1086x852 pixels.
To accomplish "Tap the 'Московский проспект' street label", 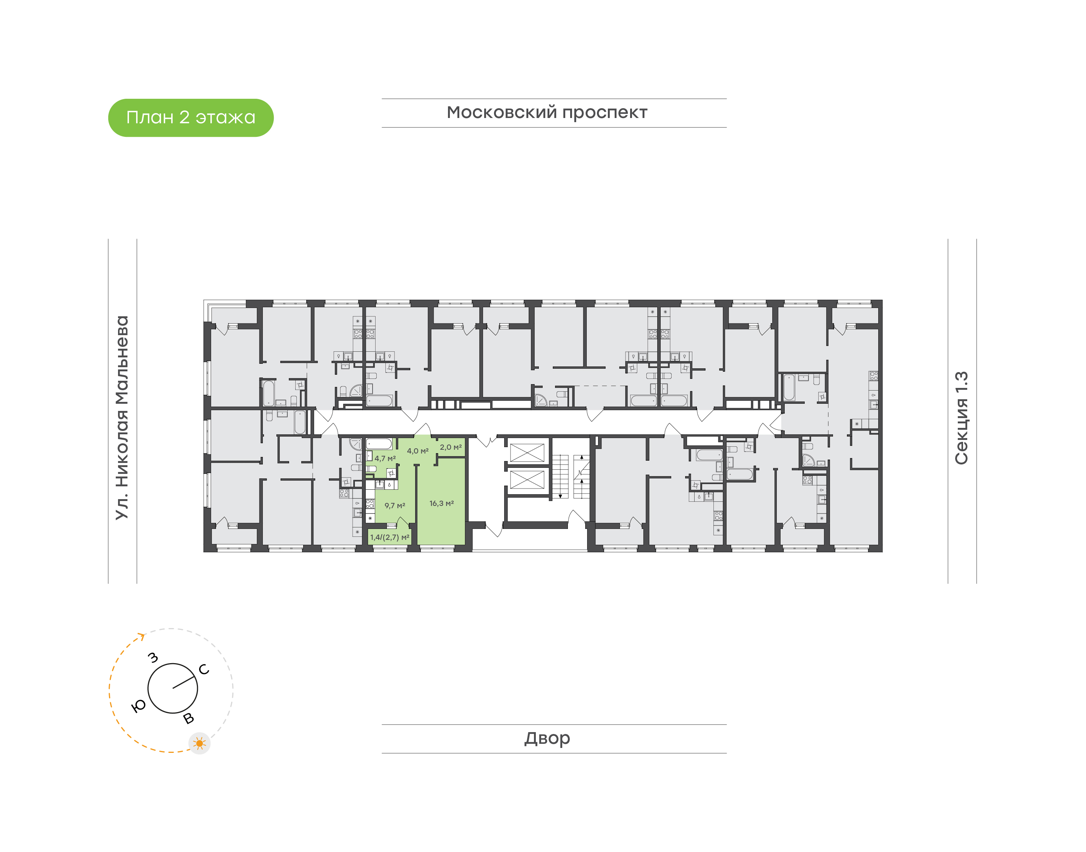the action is [x=547, y=113].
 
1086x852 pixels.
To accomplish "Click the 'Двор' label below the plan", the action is [x=547, y=738].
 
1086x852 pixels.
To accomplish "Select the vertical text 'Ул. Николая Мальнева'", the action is [x=122, y=418].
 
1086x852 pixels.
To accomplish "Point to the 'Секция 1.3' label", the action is [x=961, y=418].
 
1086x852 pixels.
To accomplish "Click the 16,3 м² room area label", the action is [x=442, y=503].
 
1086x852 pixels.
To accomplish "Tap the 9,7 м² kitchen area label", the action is [x=394, y=505].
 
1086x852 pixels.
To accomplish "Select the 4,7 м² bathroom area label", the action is [x=385, y=458].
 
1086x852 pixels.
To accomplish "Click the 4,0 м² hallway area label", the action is [x=417, y=451].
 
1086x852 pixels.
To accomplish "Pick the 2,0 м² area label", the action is [x=451, y=447].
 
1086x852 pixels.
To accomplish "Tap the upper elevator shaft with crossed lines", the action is [x=527, y=452].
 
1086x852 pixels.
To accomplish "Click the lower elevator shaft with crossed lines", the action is [x=527, y=480].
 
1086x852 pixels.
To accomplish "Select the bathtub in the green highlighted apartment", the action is [x=379, y=443].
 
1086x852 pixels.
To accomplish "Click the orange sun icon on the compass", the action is [x=199, y=743].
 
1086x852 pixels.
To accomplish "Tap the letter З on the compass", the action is [x=153, y=657].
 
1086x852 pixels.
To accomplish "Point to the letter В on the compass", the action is [x=189, y=718].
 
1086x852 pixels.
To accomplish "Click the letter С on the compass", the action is [x=204, y=670].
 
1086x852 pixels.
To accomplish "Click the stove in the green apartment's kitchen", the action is [x=370, y=503].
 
